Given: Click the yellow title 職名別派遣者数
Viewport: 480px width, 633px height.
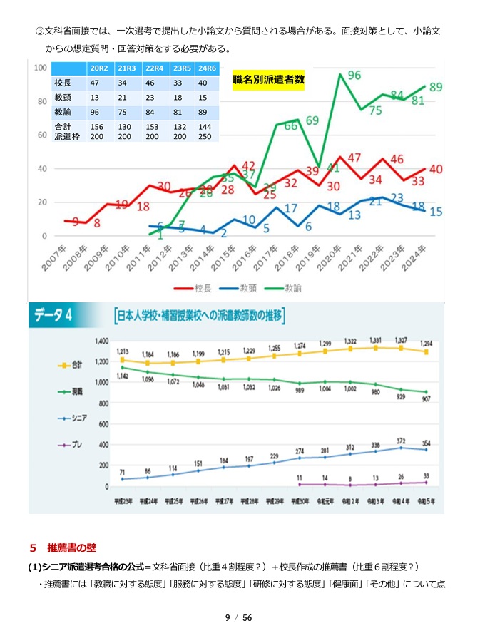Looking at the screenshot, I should [x=268, y=81].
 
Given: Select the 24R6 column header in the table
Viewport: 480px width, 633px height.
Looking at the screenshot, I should [x=207, y=68].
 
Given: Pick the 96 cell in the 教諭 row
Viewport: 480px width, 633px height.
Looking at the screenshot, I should [x=95, y=112].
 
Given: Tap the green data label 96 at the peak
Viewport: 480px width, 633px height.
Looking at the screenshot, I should [x=354, y=76].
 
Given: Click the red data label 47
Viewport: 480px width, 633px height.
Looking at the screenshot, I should [x=354, y=158].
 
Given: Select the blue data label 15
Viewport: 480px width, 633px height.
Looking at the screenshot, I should [x=436, y=211].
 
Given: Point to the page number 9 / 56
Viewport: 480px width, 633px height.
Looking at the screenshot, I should [x=239, y=617].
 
